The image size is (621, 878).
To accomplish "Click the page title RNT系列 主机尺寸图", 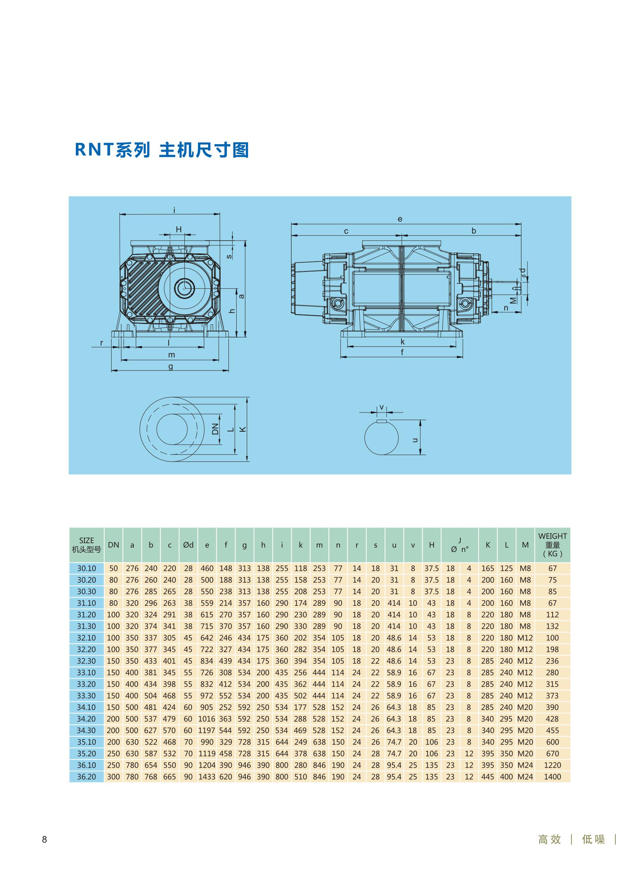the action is tap(162, 149).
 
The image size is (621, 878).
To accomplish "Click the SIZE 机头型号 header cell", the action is tap(86, 545).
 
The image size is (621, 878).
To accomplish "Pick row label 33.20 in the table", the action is tap(86, 684).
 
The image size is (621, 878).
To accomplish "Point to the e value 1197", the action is tap(207, 730).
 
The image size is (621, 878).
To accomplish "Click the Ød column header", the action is tap(188, 545).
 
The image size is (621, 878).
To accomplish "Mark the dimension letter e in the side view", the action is tap(400, 219).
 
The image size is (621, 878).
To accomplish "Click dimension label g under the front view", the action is tap(171, 366).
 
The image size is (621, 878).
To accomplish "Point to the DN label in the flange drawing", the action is tap(215, 429).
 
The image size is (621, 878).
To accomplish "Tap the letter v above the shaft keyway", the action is tap(381, 408).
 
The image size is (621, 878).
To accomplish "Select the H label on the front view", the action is tap(179, 229).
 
